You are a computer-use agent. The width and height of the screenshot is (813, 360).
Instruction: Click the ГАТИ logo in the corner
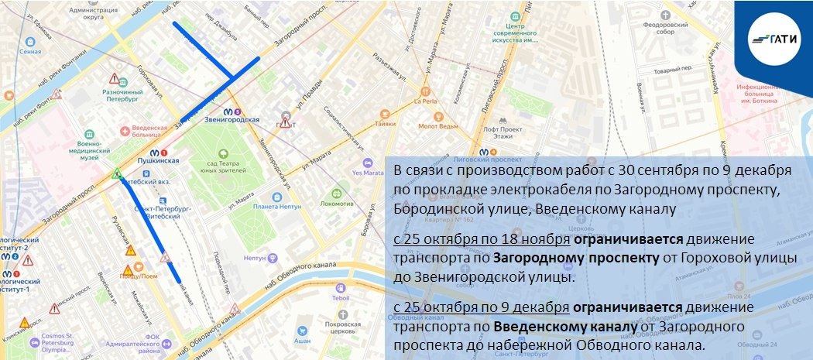[x=775, y=38]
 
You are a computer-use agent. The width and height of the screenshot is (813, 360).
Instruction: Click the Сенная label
[x=30, y=52]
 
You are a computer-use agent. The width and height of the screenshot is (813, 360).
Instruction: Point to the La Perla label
[x=426, y=101]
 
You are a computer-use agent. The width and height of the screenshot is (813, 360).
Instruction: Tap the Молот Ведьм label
[x=438, y=125]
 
